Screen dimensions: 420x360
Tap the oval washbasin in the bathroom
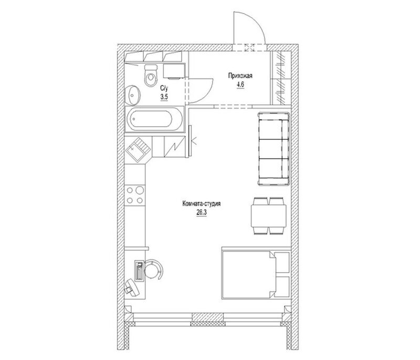click(133, 95)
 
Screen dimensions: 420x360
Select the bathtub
click(154, 119)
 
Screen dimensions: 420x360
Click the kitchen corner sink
click(138, 149)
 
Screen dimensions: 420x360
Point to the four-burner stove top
click(135, 195)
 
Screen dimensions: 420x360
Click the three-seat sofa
click(274, 149)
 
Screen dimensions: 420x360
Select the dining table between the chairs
click(268, 216)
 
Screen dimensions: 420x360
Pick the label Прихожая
click(240, 76)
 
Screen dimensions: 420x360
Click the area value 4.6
click(240, 85)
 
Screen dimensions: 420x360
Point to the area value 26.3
click(202, 212)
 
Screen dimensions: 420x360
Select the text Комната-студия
click(202, 204)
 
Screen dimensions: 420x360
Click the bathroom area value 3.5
click(164, 97)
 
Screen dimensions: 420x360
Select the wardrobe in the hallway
click(280, 78)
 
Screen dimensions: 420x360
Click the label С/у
click(164, 88)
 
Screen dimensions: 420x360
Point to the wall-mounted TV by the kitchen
click(190, 141)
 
